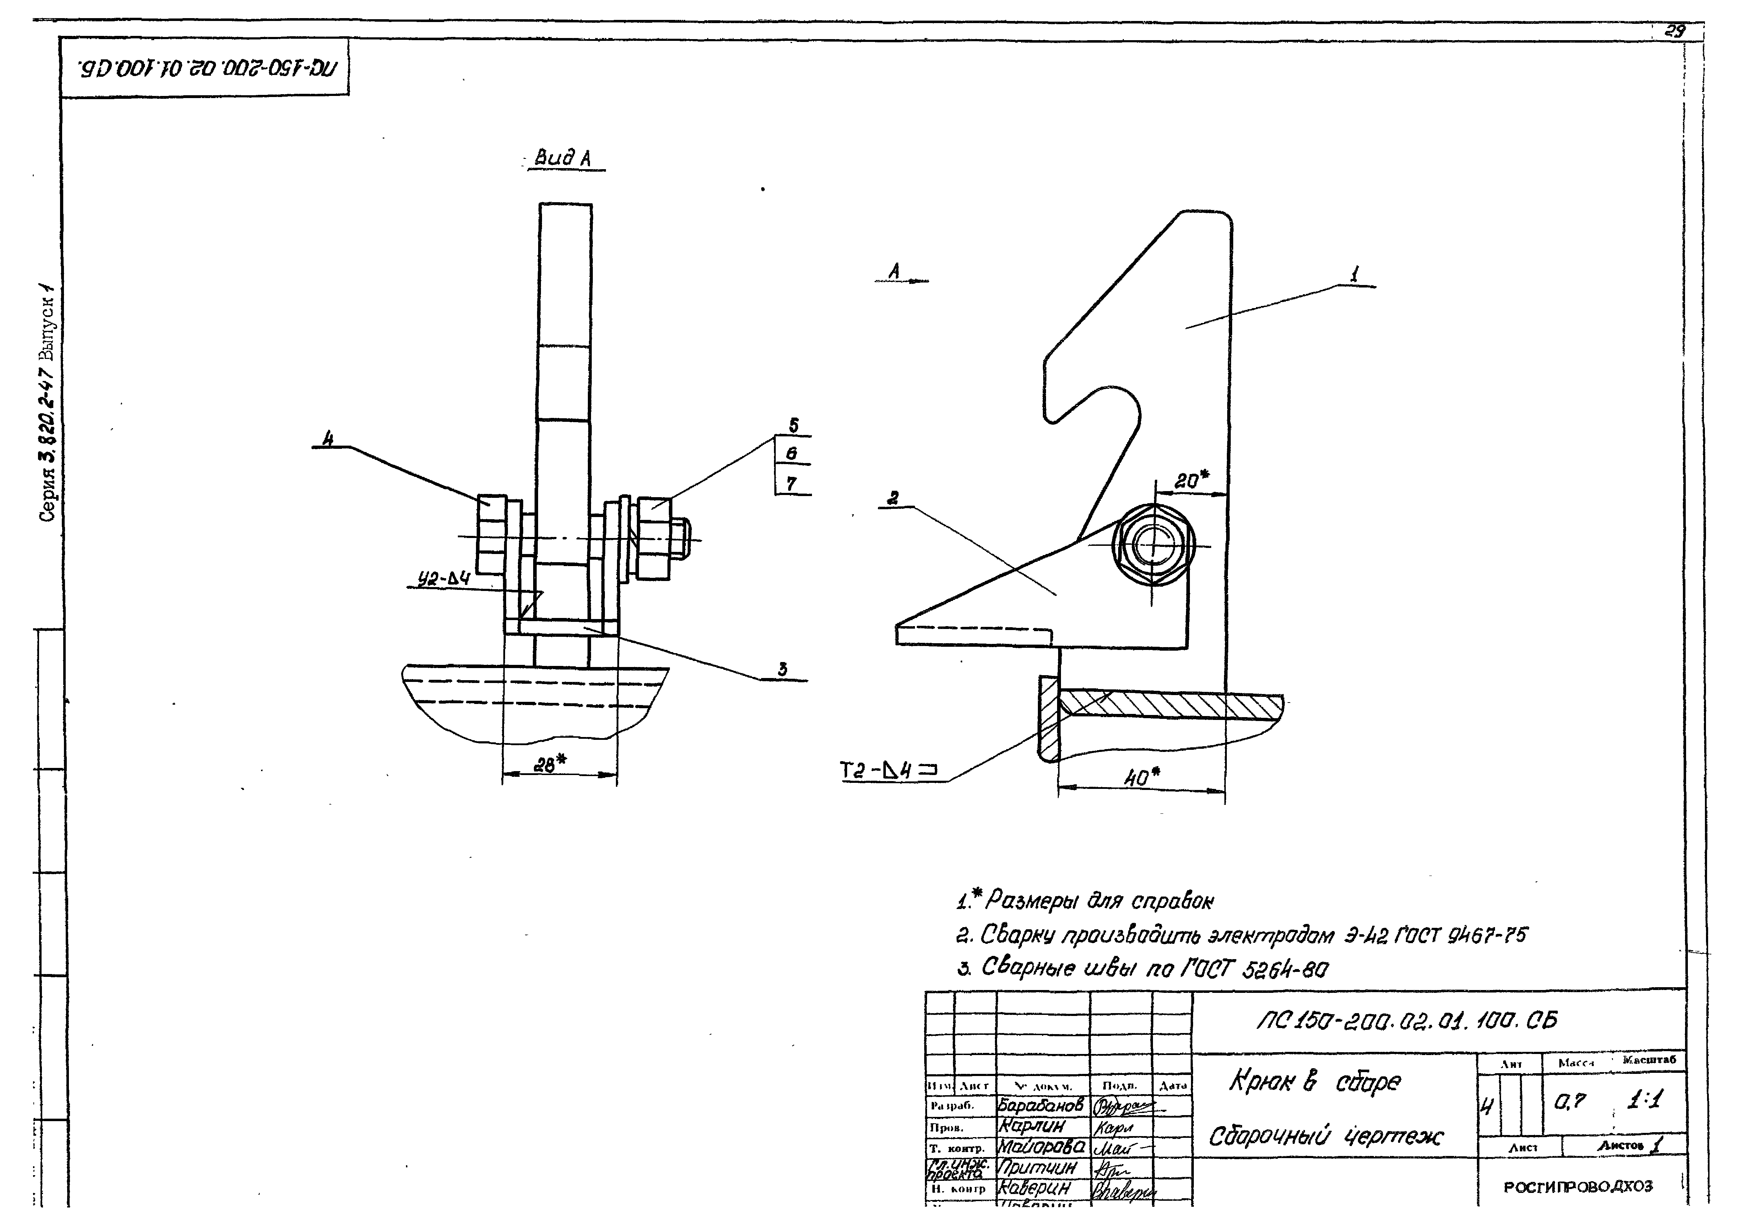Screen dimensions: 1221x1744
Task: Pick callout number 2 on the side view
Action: [x=893, y=497]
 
